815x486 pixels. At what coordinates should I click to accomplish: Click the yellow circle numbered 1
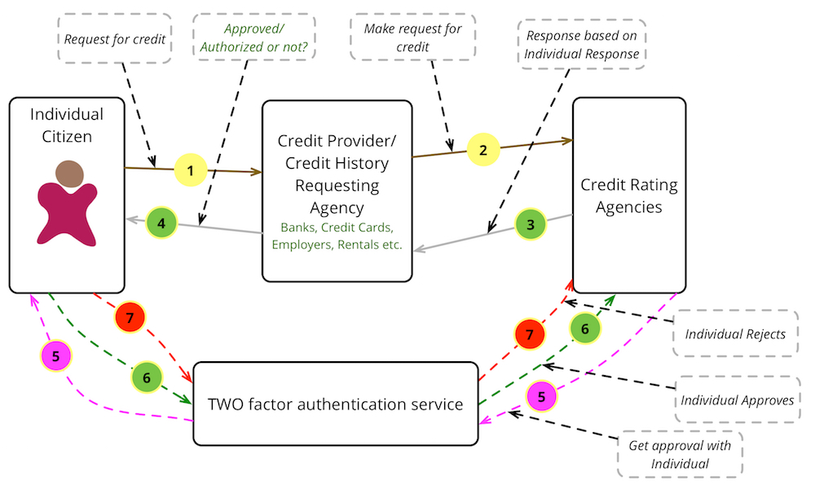[190, 170]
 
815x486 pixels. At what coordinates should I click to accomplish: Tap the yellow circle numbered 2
[482, 150]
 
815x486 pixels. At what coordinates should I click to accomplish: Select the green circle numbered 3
[530, 223]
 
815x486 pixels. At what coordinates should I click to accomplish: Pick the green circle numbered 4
[161, 222]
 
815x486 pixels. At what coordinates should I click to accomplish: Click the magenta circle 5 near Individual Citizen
[56, 356]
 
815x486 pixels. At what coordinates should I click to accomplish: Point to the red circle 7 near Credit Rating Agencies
[530, 334]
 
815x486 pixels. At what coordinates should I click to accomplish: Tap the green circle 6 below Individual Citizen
[147, 378]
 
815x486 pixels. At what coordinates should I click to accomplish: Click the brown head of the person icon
[70, 175]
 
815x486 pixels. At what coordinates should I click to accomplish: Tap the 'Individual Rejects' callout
[734, 334]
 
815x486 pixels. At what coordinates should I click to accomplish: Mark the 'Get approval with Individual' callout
[680, 454]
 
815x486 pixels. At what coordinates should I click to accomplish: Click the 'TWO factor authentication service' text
[336, 404]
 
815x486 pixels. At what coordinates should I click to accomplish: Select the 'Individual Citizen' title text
[67, 125]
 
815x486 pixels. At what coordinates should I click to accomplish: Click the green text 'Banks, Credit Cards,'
[337, 227]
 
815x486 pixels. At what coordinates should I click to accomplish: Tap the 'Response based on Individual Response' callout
[583, 45]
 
